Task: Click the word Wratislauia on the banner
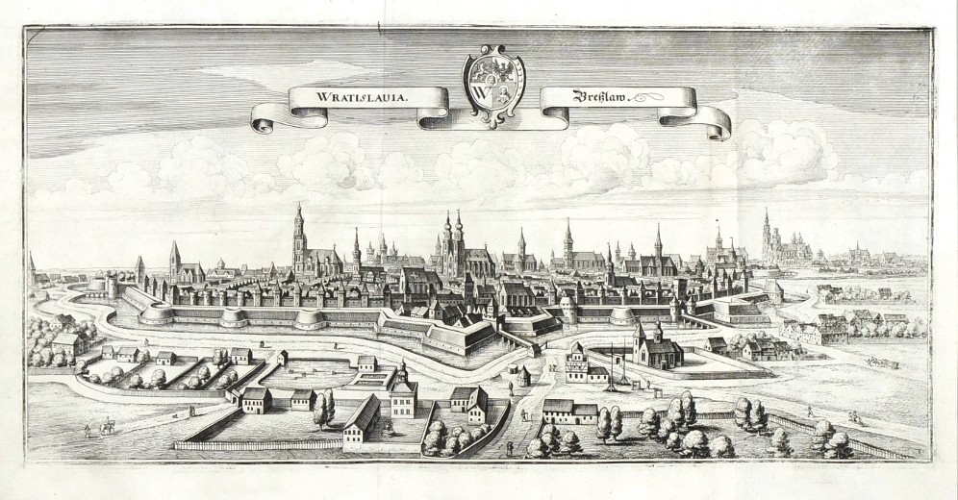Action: tap(349, 97)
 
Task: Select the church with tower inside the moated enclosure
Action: tap(657, 348)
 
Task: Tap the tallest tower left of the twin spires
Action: tap(299, 240)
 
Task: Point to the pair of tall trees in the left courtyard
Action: tap(324, 408)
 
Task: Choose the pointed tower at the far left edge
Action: tap(32, 270)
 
